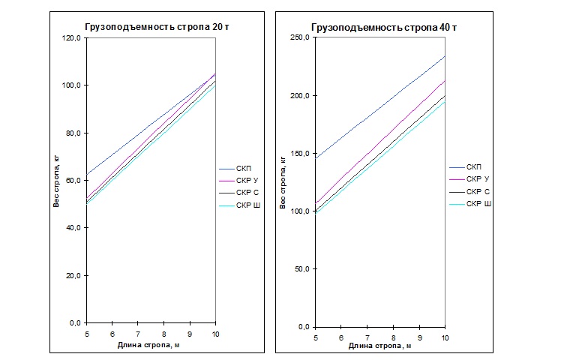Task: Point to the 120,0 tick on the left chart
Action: click(71, 38)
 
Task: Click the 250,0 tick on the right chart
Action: click(299, 38)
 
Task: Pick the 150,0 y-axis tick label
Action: click(299, 154)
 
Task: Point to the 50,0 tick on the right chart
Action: click(301, 269)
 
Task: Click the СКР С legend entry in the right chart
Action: click(478, 191)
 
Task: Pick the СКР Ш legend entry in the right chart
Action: click(478, 204)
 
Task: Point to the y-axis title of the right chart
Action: click(283, 183)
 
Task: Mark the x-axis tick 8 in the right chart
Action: click(393, 338)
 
